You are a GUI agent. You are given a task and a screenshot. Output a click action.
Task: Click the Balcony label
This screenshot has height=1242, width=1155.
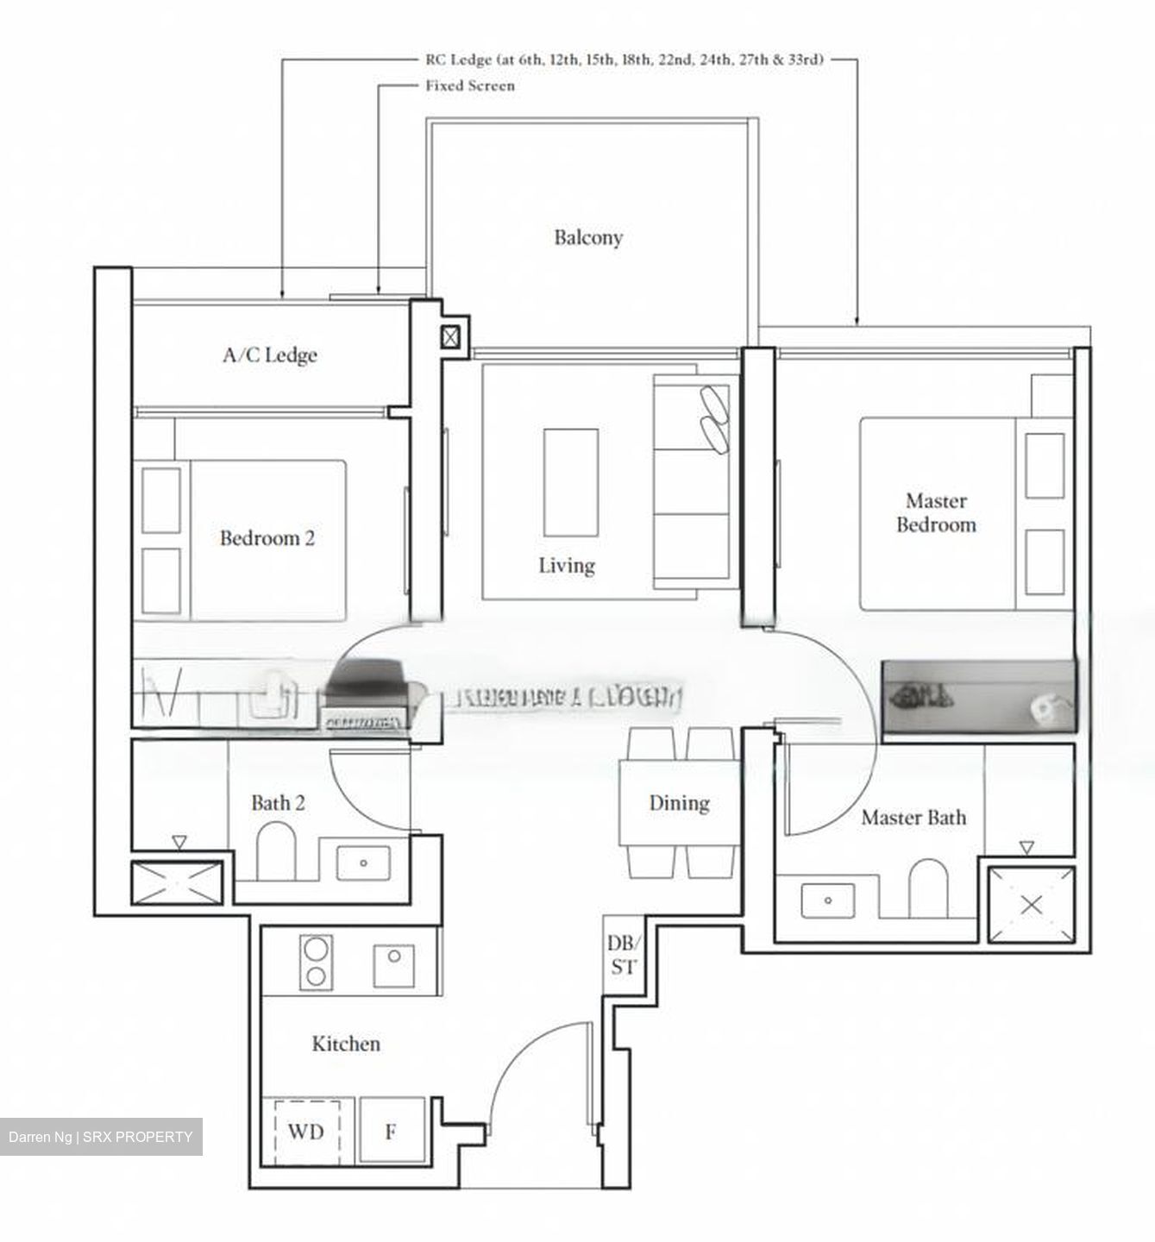pyautogui.click(x=588, y=237)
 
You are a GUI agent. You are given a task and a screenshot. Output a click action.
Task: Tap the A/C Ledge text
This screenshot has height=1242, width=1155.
pyautogui.click(x=270, y=354)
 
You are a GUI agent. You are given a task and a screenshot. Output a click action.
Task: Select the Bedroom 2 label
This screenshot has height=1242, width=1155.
pyautogui.click(x=267, y=538)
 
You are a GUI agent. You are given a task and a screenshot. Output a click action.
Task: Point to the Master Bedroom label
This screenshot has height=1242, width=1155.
pyautogui.click(x=936, y=512)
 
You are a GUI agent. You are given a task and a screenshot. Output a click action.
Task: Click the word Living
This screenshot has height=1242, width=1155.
pyautogui.click(x=567, y=566)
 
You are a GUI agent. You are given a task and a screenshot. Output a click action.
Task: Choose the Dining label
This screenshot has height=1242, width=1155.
pyautogui.click(x=679, y=803)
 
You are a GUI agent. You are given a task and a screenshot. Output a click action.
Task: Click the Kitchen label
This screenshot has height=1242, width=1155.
pyautogui.click(x=346, y=1044)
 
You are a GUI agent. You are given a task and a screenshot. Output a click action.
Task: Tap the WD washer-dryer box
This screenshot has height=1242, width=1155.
pyautogui.click(x=306, y=1131)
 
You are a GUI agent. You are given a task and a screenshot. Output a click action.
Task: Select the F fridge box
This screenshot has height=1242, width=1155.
pyautogui.click(x=392, y=1131)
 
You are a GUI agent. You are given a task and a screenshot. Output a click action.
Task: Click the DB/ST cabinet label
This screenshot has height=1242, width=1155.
pyautogui.click(x=623, y=955)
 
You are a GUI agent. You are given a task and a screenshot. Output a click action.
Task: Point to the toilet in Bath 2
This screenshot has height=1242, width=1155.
pyautogui.click(x=277, y=849)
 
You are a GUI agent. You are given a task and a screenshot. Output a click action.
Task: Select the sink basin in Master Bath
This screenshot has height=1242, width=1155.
pyautogui.click(x=827, y=901)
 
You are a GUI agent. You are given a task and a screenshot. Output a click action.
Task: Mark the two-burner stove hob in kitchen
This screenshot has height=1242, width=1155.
pyautogui.click(x=317, y=961)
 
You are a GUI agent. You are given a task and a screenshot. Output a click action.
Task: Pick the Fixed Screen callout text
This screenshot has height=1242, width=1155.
pyautogui.click(x=470, y=85)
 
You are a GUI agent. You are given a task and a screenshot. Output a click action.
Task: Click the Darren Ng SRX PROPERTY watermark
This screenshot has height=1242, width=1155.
pyautogui.click(x=101, y=1137)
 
